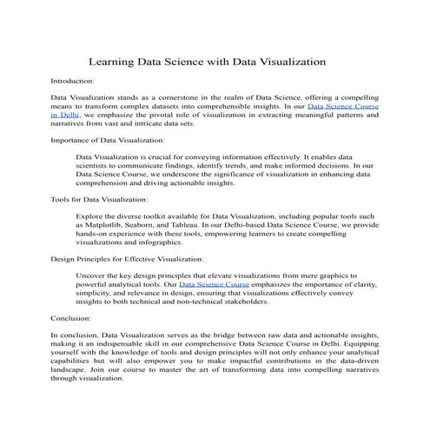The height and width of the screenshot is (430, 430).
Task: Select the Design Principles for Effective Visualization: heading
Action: pos(127,259)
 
